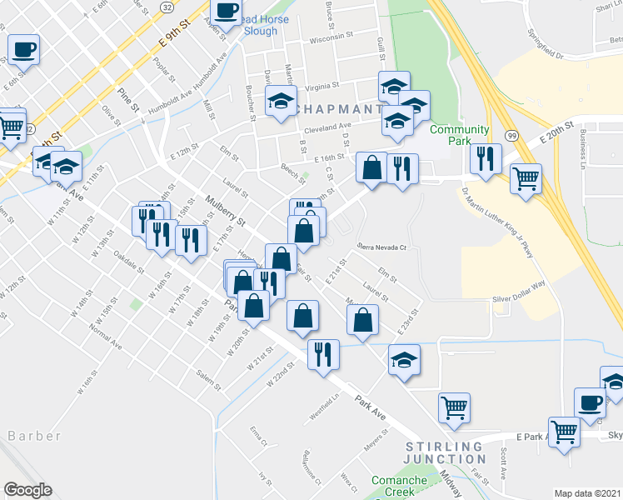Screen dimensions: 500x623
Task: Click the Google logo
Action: (x=27, y=490)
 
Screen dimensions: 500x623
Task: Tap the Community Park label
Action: (x=459, y=136)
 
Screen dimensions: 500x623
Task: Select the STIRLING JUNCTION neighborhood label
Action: (x=444, y=453)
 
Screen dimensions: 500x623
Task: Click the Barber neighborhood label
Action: (x=34, y=436)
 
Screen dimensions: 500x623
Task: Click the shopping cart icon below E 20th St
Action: (x=526, y=178)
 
